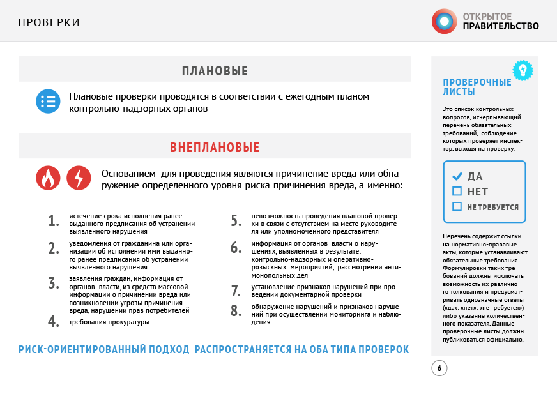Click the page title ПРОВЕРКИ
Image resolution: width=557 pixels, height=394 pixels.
point(49,23)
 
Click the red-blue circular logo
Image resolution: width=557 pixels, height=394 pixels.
point(444,21)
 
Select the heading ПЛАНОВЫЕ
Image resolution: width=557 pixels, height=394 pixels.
point(215,71)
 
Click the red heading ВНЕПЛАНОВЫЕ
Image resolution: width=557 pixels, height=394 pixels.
point(215,148)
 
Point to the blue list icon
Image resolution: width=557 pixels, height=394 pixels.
point(48,101)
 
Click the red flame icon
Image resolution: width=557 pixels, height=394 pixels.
point(48,178)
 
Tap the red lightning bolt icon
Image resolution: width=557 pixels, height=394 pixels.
point(79,178)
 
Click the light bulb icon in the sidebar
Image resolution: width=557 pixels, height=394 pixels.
point(523,70)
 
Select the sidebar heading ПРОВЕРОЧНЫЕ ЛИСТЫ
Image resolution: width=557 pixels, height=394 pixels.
point(477,87)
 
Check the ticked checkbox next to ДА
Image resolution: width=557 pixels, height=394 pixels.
point(457,176)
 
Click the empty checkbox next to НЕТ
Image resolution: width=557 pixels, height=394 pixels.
point(457,191)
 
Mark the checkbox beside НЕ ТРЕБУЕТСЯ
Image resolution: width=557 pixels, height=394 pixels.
point(457,206)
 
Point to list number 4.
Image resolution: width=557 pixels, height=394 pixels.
point(54,322)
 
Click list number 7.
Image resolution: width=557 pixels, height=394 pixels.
point(236,291)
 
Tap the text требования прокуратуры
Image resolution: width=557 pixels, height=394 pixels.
point(109,322)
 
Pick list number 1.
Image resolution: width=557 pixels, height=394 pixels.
point(54,222)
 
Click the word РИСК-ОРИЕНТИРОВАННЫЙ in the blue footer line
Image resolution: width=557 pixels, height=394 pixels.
point(104,350)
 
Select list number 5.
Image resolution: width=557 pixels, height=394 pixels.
point(236,222)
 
